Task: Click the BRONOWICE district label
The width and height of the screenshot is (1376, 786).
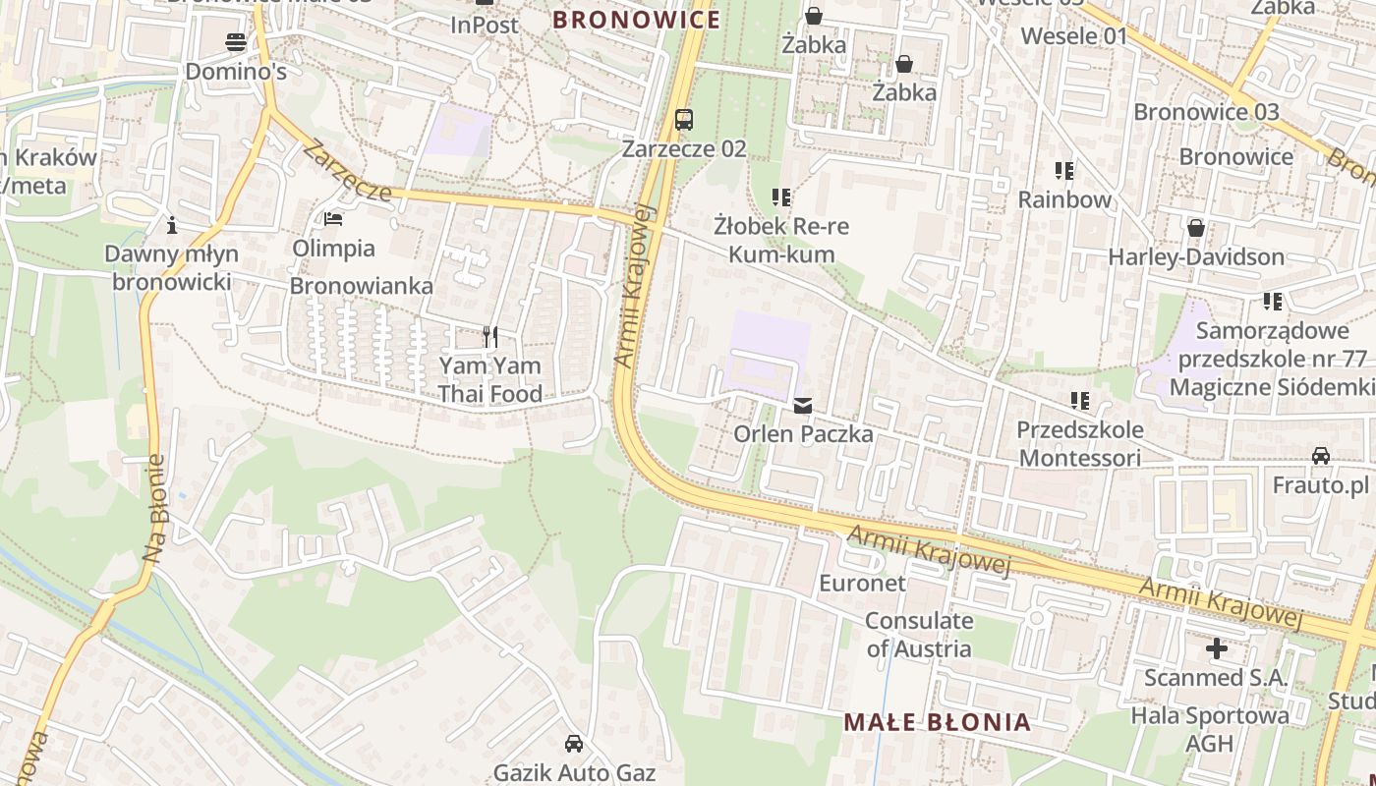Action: click(636, 20)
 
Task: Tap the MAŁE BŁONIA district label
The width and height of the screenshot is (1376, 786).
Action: click(938, 723)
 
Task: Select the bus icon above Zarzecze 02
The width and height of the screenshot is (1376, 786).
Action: click(684, 121)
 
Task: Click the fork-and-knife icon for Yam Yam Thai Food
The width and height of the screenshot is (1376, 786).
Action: click(489, 337)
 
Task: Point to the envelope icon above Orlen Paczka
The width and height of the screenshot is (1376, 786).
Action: click(803, 405)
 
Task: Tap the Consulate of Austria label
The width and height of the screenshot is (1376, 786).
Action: click(919, 635)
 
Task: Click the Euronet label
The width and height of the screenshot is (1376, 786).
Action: click(862, 583)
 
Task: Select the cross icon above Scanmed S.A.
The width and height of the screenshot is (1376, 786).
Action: click(1216, 648)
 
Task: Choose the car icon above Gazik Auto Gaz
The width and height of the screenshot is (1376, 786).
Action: click(574, 744)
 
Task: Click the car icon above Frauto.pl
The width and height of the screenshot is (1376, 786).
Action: click(1320, 456)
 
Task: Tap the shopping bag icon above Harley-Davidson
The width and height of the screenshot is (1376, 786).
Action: click(1196, 228)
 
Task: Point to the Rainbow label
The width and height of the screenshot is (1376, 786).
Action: click(1064, 199)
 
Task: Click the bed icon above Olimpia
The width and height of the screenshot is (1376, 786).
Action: click(333, 219)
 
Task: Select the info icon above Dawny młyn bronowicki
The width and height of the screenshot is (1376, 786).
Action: click(172, 226)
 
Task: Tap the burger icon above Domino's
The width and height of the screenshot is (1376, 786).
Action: click(236, 42)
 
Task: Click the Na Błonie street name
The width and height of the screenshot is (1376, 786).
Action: click(156, 508)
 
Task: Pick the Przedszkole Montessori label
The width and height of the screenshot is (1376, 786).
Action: click(1079, 444)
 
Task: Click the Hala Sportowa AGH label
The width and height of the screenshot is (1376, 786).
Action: click(1209, 729)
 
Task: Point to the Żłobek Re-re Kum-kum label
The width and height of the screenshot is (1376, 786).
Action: click(781, 240)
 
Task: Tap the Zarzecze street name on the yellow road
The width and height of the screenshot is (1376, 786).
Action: click(347, 171)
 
